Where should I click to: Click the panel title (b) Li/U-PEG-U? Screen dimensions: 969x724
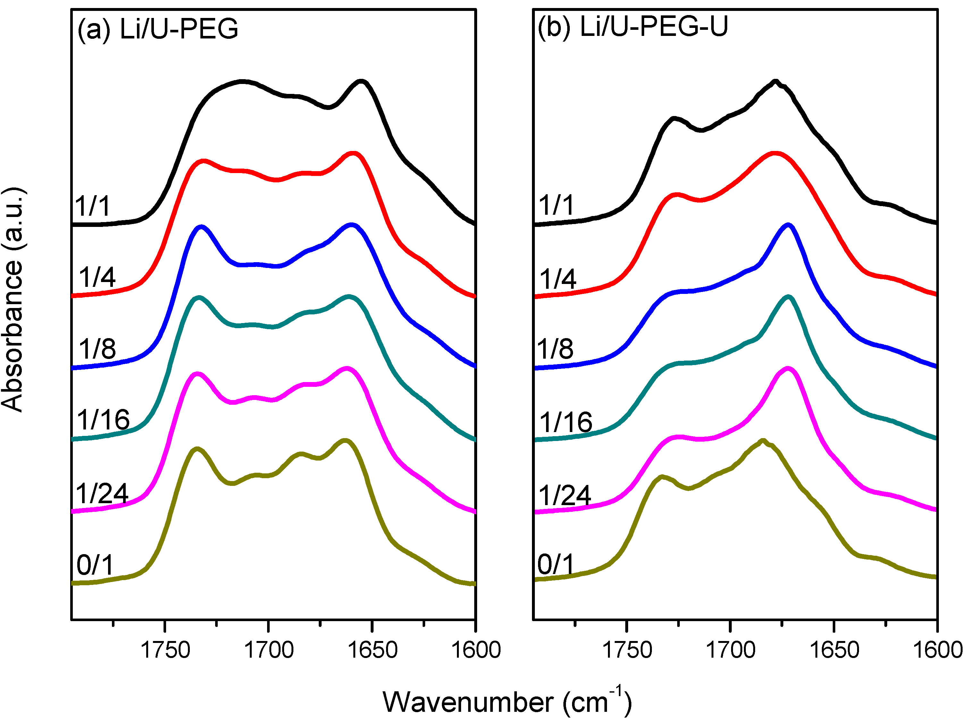click(x=633, y=27)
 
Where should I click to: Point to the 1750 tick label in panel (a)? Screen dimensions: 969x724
click(x=165, y=650)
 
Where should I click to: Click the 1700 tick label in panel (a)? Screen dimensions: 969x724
click(x=268, y=650)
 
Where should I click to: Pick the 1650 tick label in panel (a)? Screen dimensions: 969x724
click(x=372, y=650)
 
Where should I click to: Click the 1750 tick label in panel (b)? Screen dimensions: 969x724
click(x=627, y=650)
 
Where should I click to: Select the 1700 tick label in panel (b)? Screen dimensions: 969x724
click(x=731, y=650)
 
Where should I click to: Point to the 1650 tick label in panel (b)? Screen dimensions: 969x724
click(x=834, y=650)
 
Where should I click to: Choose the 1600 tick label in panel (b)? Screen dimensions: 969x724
click(x=938, y=650)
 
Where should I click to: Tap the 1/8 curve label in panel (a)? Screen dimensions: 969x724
click(x=97, y=349)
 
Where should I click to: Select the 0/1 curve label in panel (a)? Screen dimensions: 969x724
click(x=95, y=565)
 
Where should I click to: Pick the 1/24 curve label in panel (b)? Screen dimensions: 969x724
click(x=565, y=495)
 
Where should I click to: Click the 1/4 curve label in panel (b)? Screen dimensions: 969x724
click(x=558, y=279)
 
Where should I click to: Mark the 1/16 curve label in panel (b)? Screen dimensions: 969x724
click(x=566, y=422)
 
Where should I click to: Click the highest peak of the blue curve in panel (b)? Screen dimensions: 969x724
click(x=788, y=225)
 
